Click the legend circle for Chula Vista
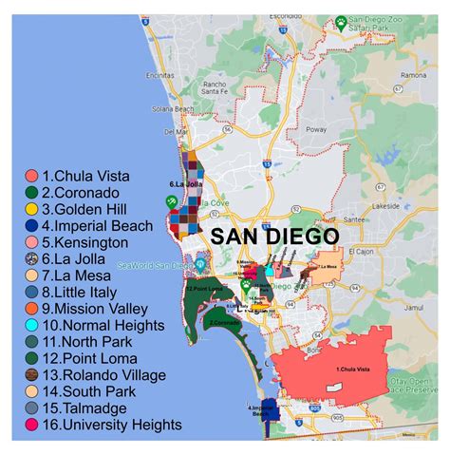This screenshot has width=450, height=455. [x=31, y=176]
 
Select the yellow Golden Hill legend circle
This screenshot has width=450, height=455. [x=31, y=209]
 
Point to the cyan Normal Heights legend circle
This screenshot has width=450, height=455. [x=31, y=325]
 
